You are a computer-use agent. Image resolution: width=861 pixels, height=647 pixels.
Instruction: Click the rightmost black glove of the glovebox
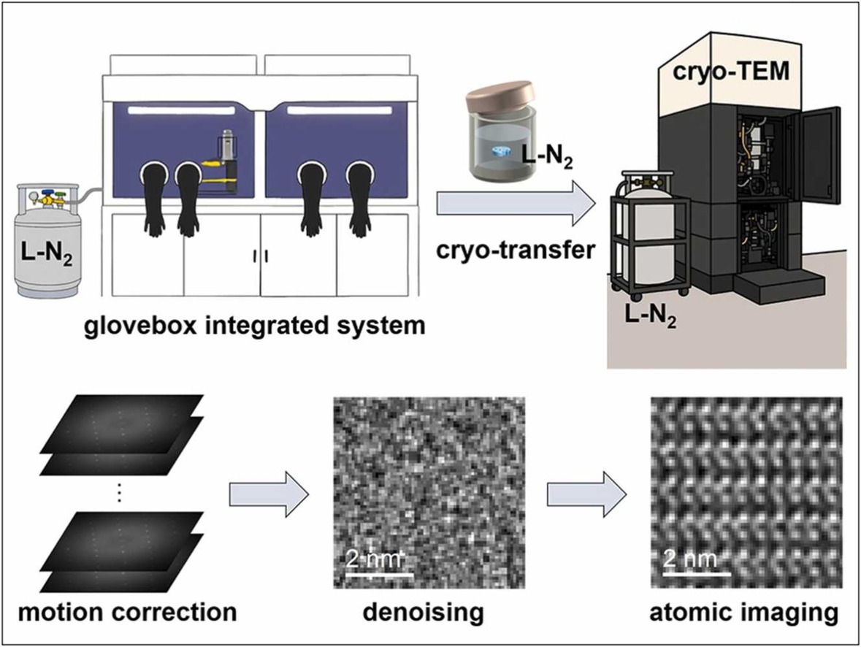pyautogui.click(x=359, y=201)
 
